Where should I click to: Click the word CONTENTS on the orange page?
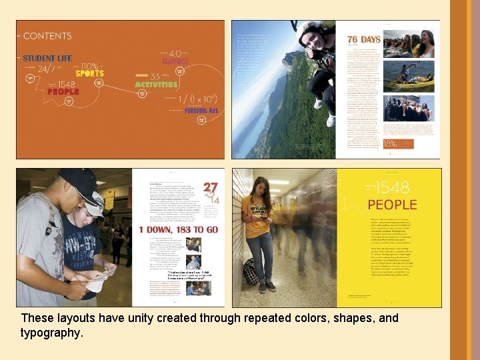pyautogui.click(x=47, y=36)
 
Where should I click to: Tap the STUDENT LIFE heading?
pyautogui.click(x=47, y=59)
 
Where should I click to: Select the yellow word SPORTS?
pyautogui.click(x=89, y=73)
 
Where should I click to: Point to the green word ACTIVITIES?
pyautogui.click(x=157, y=85)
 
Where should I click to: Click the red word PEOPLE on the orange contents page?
pyautogui.click(x=63, y=92)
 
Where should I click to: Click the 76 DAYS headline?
pyautogui.click(x=363, y=39)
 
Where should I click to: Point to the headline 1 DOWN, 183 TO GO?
pyautogui.click(x=178, y=230)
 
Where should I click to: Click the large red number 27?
pyautogui.click(x=211, y=189)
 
